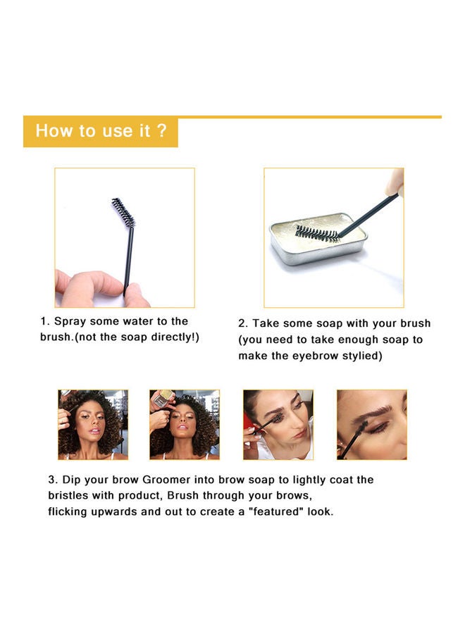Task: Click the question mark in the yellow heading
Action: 162,131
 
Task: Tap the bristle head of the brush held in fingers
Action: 123,212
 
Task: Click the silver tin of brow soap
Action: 317,240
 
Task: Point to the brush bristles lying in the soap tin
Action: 318,233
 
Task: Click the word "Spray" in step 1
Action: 73,321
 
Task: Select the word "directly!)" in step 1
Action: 173,337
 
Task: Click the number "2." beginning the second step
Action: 243,323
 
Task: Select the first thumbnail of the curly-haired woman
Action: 93,424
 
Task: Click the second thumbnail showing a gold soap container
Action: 185,424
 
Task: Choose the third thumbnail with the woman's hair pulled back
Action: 278,424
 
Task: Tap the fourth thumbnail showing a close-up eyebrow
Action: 371,424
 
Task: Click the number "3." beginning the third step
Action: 53,480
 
